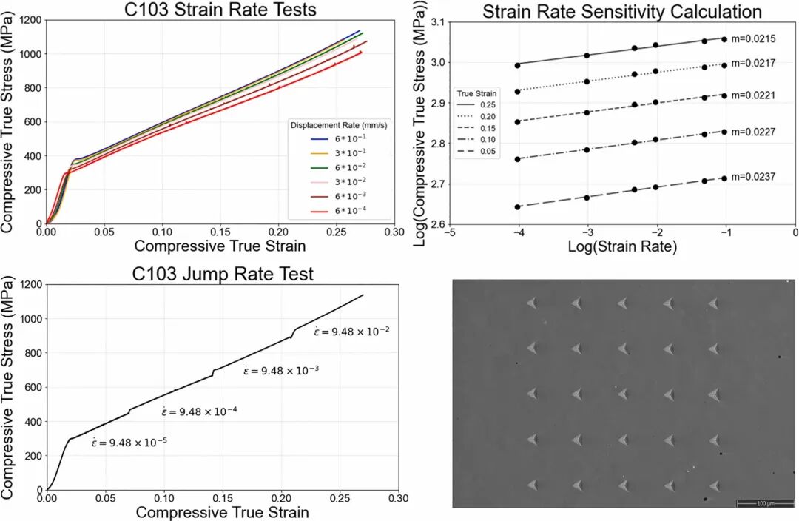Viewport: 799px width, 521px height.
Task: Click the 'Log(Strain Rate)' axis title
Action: point(621,247)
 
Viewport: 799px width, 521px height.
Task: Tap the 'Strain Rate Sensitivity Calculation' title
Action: point(621,12)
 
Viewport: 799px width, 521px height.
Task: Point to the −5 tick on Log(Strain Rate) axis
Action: point(448,232)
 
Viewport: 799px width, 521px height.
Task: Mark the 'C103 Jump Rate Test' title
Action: point(223,274)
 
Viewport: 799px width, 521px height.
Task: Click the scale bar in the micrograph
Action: point(761,503)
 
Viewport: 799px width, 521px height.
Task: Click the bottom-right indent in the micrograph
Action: point(714,485)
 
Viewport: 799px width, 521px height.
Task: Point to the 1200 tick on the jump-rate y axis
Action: point(28,284)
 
